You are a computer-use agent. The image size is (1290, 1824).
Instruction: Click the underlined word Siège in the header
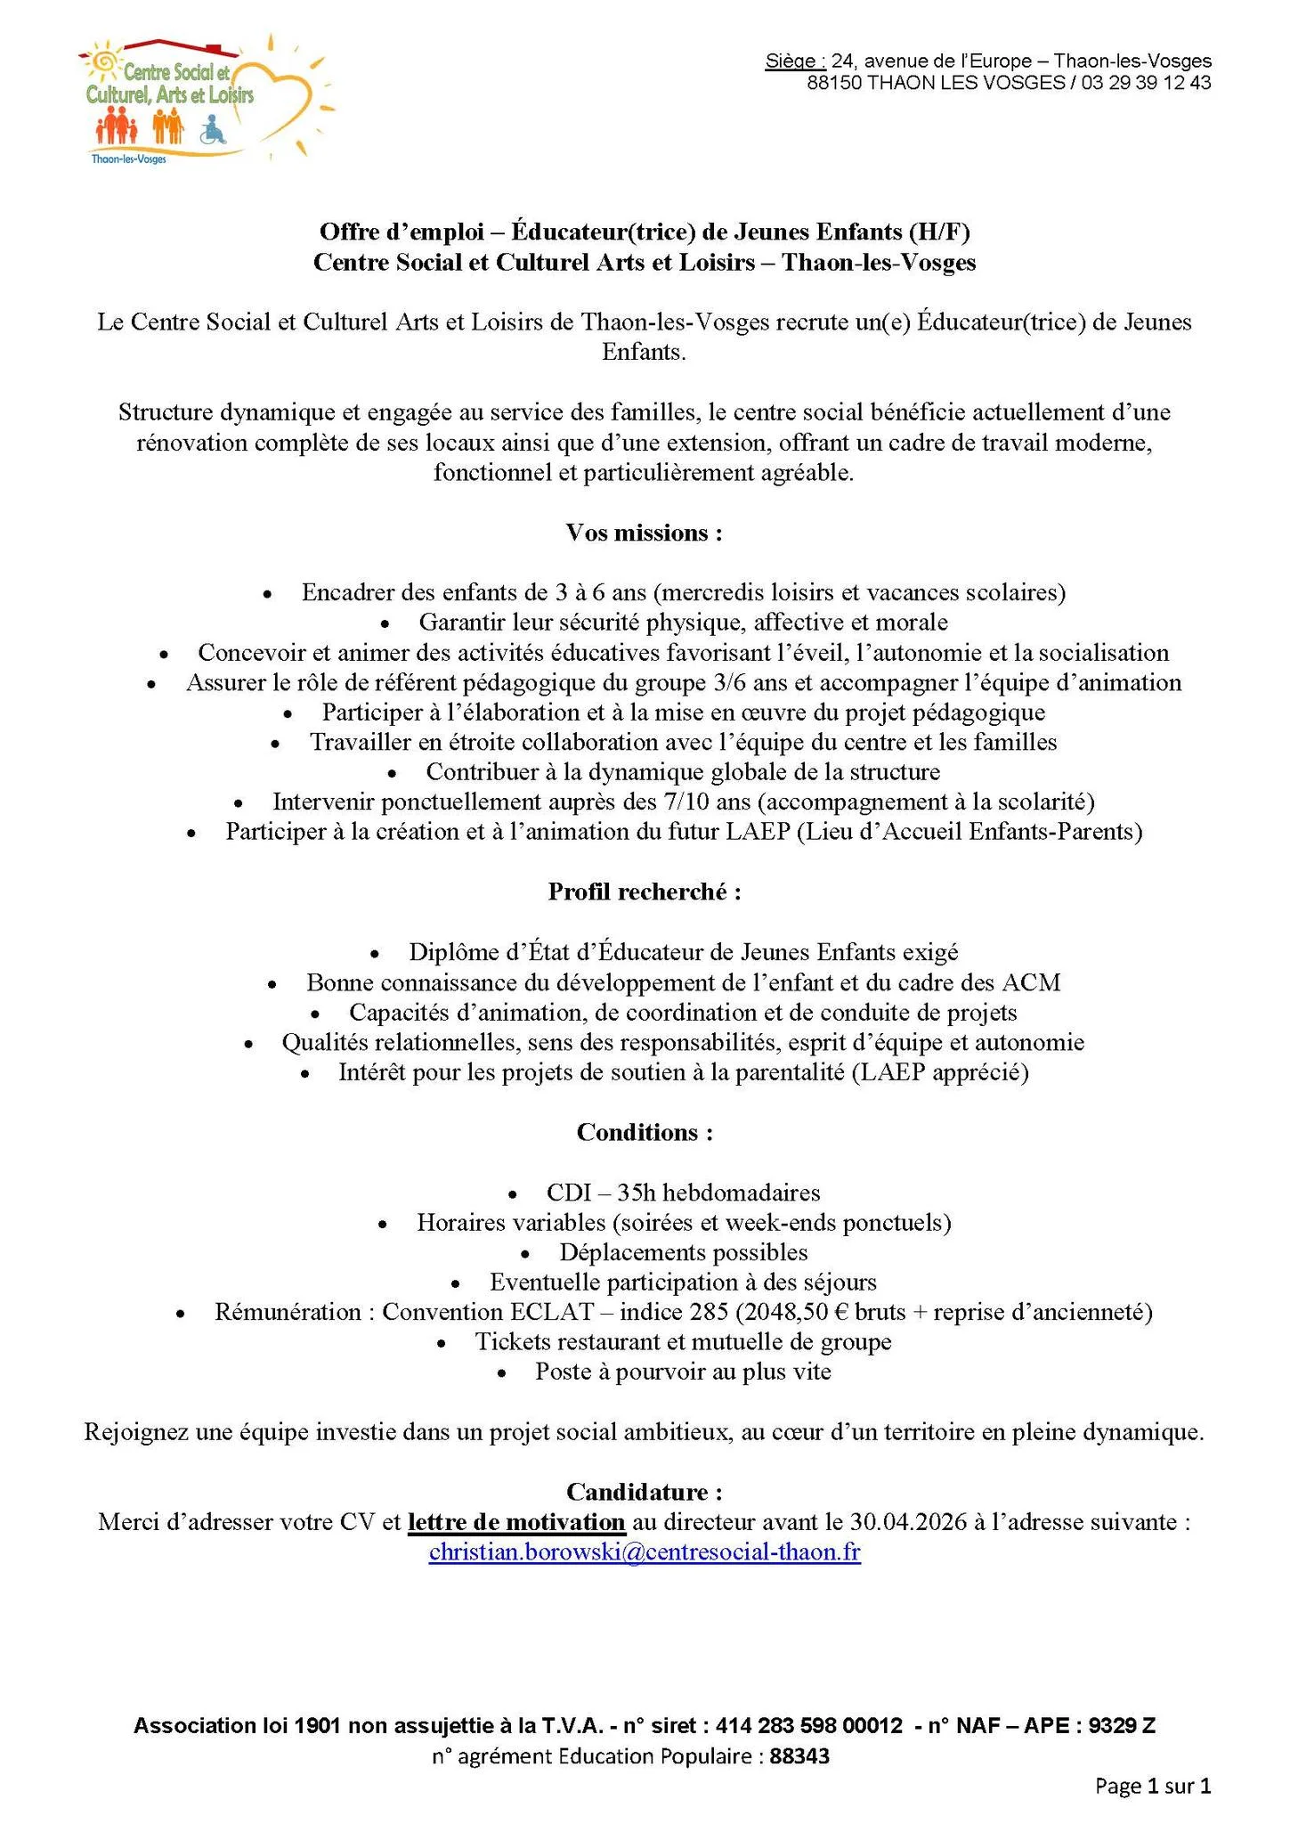[x=794, y=61]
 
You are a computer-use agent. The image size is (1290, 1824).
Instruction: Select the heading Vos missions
[x=644, y=533]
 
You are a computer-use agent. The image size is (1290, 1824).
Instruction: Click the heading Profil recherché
[x=644, y=892]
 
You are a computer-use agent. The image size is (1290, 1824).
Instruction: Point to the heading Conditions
[x=644, y=1132]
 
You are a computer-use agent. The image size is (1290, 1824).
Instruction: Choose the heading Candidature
[x=644, y=1492]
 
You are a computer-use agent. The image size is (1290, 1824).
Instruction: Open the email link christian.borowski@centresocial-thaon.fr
[x=645, y=1552]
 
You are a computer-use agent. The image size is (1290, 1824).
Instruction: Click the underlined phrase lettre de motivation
[x=516, y=1522]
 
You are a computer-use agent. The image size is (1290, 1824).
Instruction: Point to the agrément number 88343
[x=799, y=1756]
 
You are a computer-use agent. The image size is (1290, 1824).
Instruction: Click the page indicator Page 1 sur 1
[x=1153, y=1786]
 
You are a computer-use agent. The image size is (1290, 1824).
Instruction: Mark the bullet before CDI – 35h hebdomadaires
[x=513, y=1193]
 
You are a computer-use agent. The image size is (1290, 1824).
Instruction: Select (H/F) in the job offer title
[x=938, y=232]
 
